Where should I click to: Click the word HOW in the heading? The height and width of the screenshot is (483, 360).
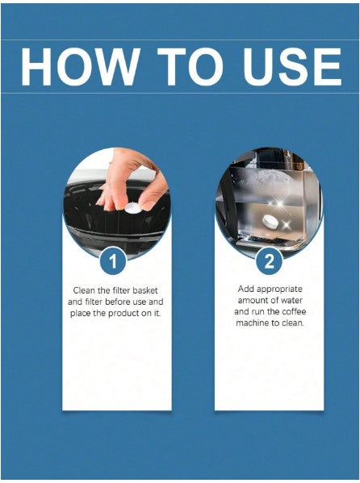(78, 67)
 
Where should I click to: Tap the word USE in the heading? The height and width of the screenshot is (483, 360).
(291, 67)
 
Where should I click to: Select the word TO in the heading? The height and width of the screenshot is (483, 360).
(190, 67)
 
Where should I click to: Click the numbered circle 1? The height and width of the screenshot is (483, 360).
(113, 261)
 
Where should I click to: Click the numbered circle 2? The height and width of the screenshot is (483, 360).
(270, 261)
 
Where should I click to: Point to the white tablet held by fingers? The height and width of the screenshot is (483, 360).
(132, 207)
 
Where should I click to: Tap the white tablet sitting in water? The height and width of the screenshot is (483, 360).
(270, 221)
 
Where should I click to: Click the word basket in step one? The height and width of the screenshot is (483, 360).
(145, 290)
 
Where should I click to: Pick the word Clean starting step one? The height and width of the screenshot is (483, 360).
(82, 290)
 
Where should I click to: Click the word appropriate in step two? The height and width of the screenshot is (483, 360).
(279, 289)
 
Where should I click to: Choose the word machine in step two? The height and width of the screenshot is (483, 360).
(249, 323)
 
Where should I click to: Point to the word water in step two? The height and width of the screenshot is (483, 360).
(291, 300)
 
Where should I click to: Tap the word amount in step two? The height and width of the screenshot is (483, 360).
(251, 300)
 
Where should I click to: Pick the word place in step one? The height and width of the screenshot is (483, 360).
(80, 314)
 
